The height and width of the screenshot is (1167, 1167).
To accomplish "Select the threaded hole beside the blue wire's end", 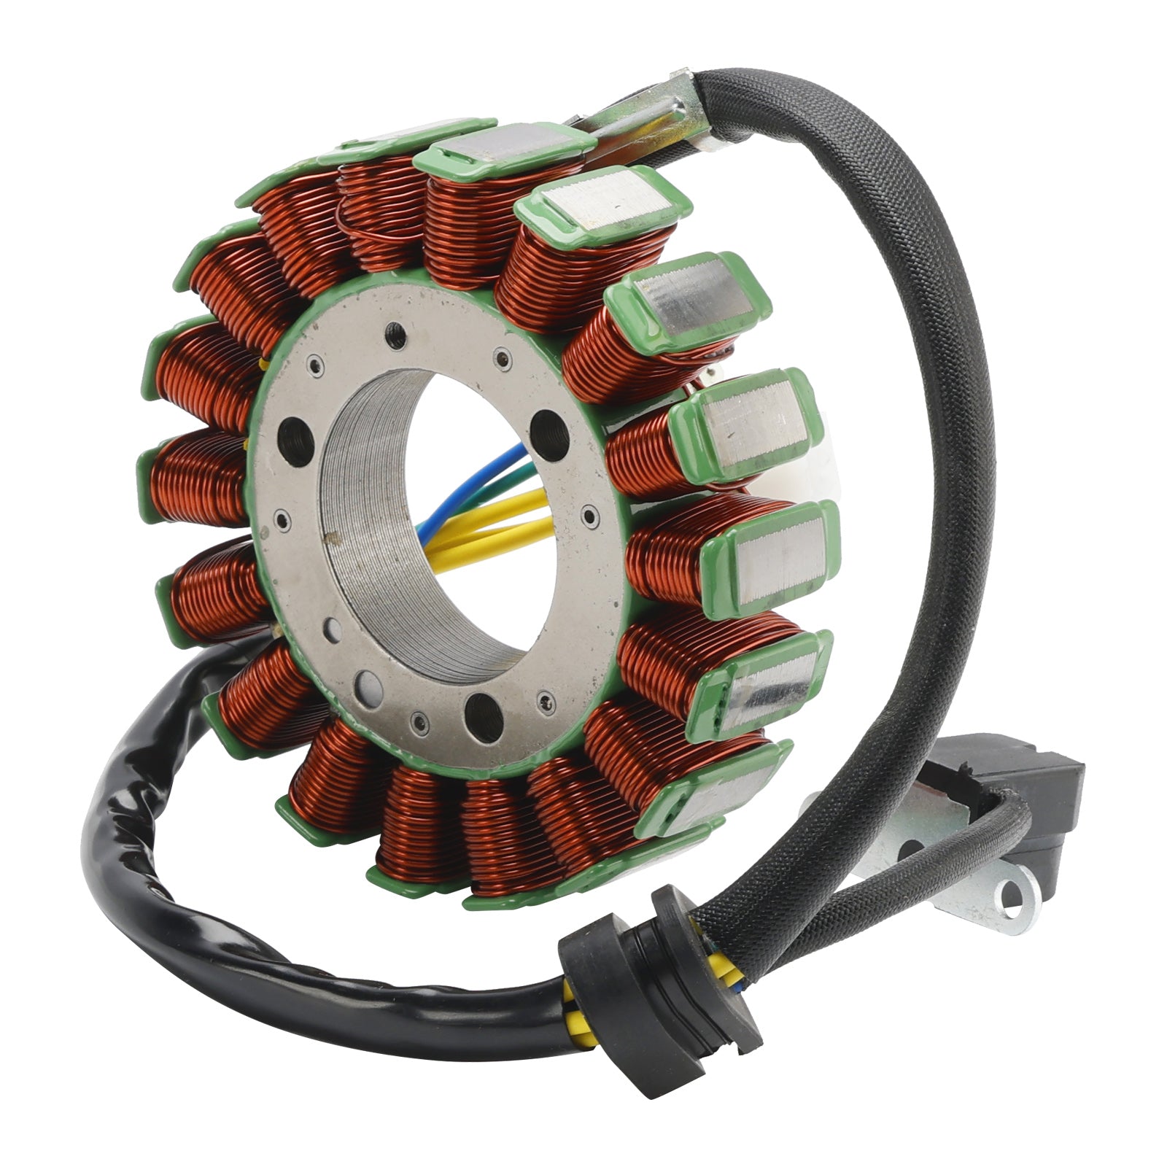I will (x=548, y=426).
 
